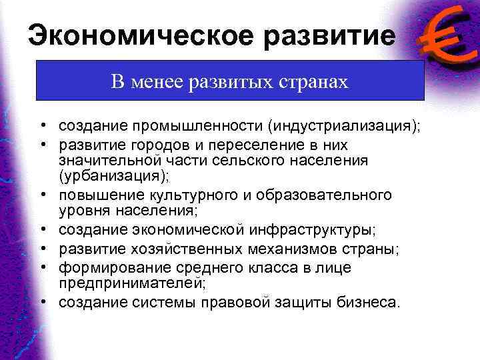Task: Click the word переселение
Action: coord(230,145)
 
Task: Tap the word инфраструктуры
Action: coord(311,230)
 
